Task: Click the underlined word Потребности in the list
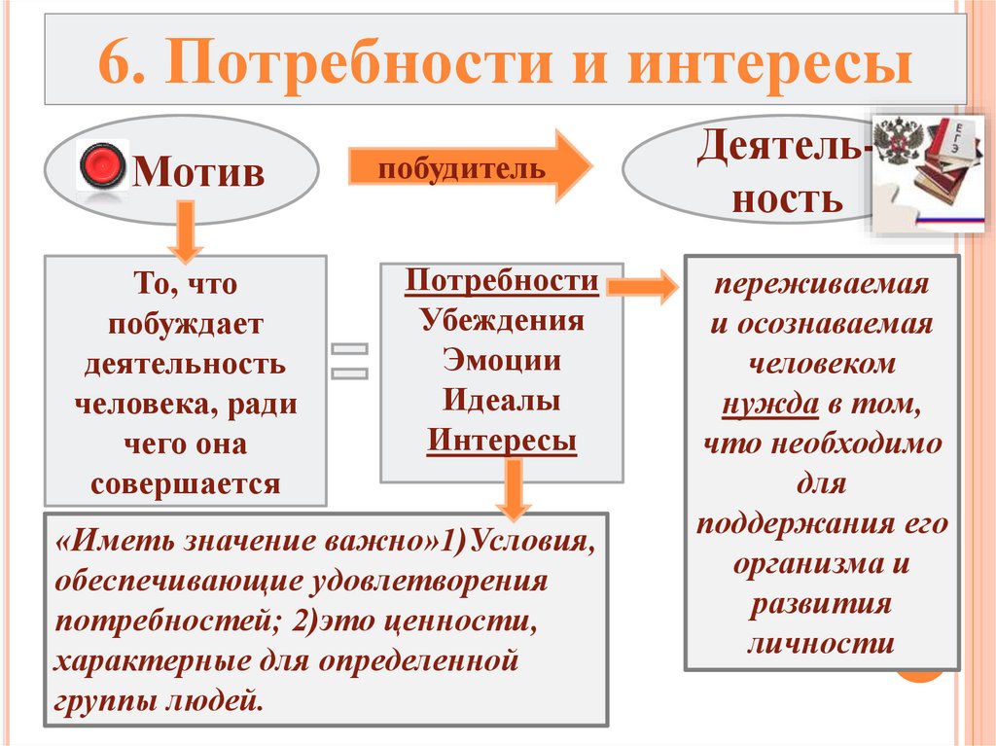pos(502,281)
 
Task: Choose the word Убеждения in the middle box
pos(502,321)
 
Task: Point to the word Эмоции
pos(502,361)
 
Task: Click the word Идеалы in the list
pos(502,401)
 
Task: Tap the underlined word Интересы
pos(502,441)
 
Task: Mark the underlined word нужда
pos(768,405)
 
